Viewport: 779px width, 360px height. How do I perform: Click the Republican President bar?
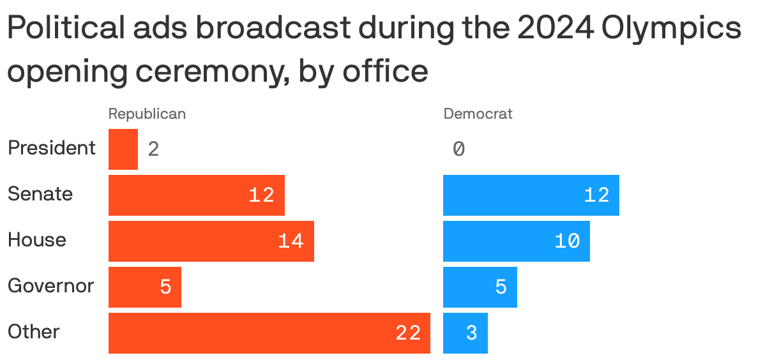coord(123,149)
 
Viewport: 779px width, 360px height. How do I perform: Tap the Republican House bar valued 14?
coord(211,241)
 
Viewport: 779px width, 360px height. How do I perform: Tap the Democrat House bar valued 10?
coord(517,241)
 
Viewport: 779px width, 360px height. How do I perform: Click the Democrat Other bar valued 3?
coord(465,333)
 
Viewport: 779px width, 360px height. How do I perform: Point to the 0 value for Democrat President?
coord(458,149)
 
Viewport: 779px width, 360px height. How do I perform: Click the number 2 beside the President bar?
coord(153,149)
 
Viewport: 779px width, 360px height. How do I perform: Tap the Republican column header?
coord(147,114)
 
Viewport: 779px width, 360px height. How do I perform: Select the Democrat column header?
coord(478,114)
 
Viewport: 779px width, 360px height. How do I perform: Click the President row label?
coord(52,148)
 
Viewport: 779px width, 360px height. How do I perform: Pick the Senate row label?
coord(40,194)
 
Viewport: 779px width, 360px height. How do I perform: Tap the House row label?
coord(37,240)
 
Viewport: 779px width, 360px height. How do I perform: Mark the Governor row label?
coord(51,286)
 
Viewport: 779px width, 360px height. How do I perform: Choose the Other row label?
coord(34,332)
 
